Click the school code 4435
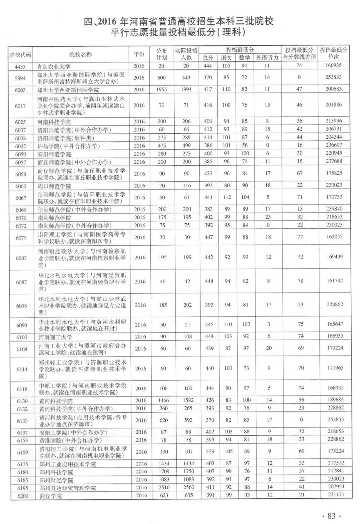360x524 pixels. (x=20, y=66)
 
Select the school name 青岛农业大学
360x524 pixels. (x=54, y=66)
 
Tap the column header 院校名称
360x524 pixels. (x=80, y=55)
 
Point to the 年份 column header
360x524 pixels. (x=139, y=55)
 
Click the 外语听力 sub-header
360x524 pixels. (x=267, y=58)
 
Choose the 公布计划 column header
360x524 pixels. (x=161, y=54)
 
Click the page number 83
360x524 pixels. (x=331, y=516)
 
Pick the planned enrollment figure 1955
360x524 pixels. (x=161, y=89)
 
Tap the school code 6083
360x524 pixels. (x=21, y=258)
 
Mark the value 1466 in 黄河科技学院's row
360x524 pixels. (x=163, y=400)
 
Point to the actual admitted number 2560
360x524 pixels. (x=188, y=487)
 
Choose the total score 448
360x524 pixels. (x=209, y=281)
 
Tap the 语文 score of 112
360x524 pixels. (x=227, y=197)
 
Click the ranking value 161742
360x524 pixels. (x=335, y=281)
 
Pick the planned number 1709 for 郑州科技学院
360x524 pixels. (x=164, y=471)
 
